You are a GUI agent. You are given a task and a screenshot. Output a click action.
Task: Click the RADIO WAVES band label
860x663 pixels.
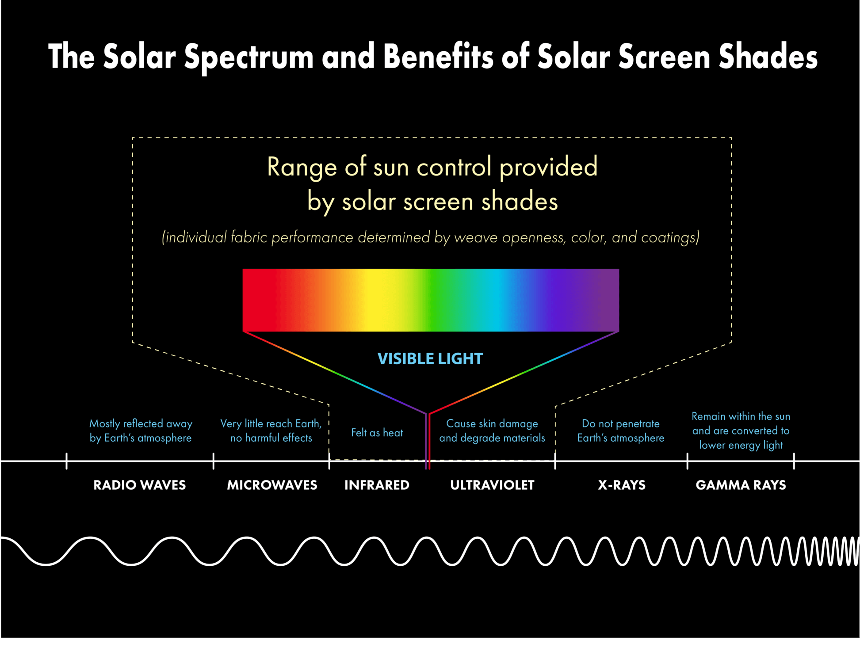tap(140, 485)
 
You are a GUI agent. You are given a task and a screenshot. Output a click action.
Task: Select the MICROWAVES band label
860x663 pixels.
tap(272, 485)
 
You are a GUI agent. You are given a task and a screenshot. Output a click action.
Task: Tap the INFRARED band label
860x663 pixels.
tap(377, 485)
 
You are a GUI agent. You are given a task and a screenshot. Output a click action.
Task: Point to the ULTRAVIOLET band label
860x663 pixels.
tap(492, 485)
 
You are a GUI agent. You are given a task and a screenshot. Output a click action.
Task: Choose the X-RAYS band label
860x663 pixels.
tap(622, 485)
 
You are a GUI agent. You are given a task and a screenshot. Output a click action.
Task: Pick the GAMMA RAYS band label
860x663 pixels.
tap(741, 485)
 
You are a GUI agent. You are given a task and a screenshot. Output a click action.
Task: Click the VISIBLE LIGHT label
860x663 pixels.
tap(430, 358)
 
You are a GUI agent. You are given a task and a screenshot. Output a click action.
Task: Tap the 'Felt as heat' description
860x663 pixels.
tap(377, 433)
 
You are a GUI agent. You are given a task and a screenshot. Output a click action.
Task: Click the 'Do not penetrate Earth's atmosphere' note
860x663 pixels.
tap(621, 431)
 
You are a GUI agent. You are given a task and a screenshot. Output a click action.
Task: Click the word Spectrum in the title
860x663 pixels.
tap(249, 57)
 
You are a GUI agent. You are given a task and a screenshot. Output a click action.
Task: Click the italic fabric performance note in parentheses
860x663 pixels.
tap(431, 237)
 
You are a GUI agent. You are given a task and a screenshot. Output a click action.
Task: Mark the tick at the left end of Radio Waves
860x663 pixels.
tap(66, 461)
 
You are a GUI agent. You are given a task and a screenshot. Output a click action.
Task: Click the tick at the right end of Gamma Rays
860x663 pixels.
tap(794, 461)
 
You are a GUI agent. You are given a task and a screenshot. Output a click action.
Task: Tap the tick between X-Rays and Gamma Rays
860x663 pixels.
tap(688, 461)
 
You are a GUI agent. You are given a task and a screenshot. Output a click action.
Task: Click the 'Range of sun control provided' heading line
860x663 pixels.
tap(432, 167)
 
